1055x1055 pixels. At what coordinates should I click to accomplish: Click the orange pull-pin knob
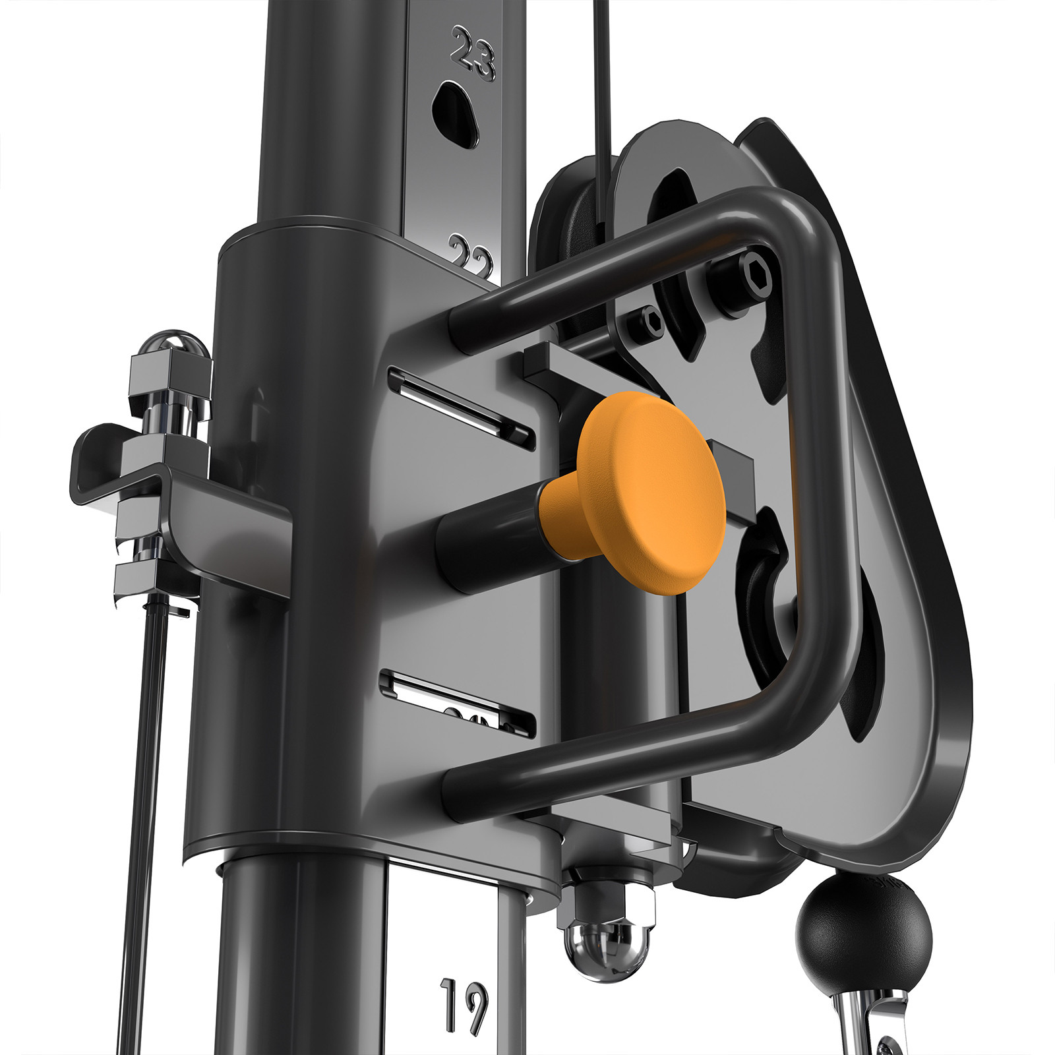click(649, 491)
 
